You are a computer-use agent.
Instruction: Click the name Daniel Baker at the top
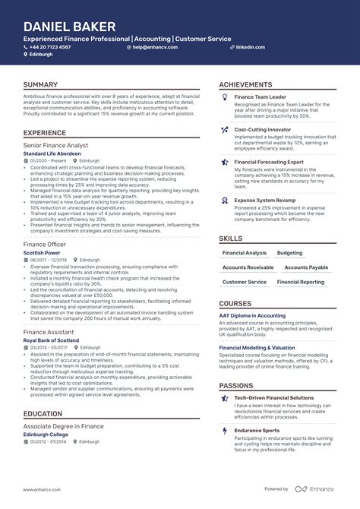[x=64, y=27]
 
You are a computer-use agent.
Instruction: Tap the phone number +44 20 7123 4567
[x=50, y=47]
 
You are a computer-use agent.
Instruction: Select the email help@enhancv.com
[x=154, y=47]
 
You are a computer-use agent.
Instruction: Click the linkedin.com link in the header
[x=250, y=47]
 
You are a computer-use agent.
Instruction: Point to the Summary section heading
[x=41, y=85]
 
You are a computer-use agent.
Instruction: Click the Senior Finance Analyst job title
[x=55, y=145]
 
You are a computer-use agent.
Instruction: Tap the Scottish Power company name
[x=42, y=251]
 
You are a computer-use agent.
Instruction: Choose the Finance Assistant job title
[x=49, y=332]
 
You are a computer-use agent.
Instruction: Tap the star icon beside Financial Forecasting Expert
[x=224, y=162]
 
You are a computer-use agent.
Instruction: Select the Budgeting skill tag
[x=289, y=253]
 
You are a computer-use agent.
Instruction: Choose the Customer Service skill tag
[x=244, y=282]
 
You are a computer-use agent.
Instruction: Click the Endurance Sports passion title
[x=257, y=430]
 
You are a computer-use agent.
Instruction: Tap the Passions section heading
[x=236, y=386]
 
